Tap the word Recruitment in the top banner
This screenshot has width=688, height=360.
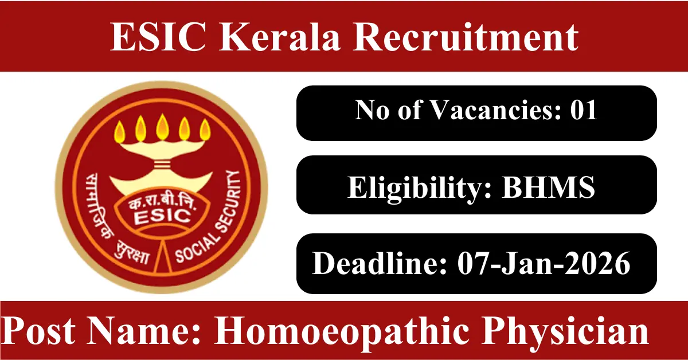466,37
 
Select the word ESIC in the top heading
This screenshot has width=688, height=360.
158,37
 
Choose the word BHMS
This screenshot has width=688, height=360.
548,187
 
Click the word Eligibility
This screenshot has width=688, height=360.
420,188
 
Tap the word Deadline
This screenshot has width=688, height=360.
380,263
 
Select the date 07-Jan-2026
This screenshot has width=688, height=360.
544,263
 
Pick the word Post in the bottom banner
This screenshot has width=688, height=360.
39,331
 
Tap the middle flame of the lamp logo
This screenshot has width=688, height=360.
162,127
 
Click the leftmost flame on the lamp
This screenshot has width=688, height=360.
120,131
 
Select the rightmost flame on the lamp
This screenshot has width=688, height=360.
205,130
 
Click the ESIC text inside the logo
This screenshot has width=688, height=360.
162,216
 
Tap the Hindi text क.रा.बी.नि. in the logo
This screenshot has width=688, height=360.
162,204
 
